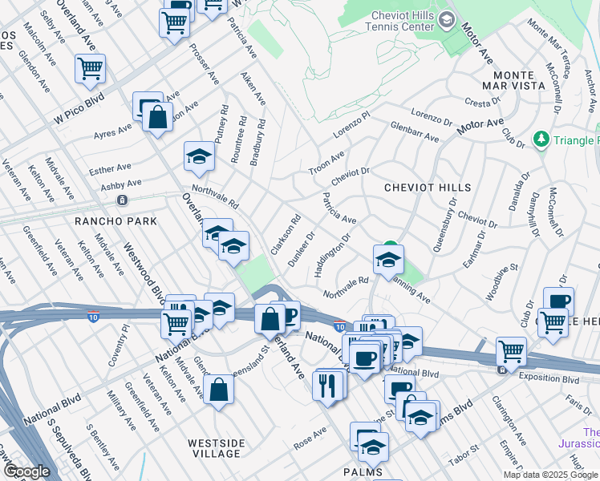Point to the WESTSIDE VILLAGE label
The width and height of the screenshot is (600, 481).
point(213,447)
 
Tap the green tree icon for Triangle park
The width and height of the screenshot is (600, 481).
point(541,139)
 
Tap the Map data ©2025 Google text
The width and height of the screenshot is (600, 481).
point(550,475)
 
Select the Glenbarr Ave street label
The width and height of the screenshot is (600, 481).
point(415,131)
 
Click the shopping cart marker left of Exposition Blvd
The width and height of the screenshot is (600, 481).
point(510,350)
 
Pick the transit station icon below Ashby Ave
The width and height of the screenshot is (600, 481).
point(121,200)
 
